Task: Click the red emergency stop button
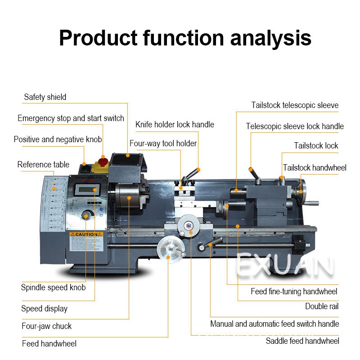point(103,161)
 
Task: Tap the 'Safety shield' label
point(45,97)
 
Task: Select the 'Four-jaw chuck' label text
point(46,326)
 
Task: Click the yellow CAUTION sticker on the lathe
point(86,234)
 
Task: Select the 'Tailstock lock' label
point(316,145)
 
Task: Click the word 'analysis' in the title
point(270,39)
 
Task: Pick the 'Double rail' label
point(322,306)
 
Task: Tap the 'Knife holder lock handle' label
point(175,124)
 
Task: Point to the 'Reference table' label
point(43,164)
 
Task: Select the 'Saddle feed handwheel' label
point(302,341)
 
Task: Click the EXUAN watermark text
point(284,265)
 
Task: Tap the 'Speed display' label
point(44,308)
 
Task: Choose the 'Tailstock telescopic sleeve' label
point(295,105)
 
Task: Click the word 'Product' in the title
point(98,39)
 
